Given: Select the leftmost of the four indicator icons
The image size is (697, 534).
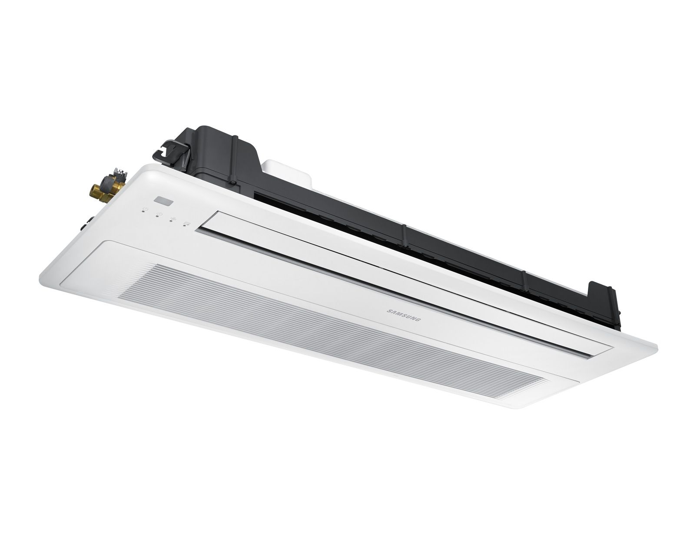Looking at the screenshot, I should click(145, 213).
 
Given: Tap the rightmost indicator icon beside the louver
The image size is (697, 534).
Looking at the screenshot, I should click(187, 223).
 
